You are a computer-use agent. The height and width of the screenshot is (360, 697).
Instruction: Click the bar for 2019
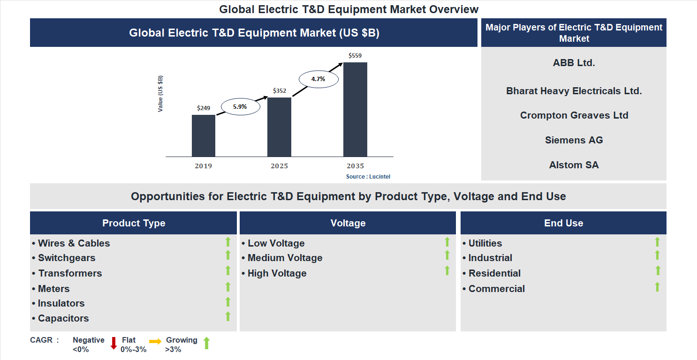(x=204, y=136)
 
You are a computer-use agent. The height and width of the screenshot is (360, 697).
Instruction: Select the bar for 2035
(x=355, y=110)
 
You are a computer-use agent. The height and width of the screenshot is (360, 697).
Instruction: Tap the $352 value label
(x=279, y=91)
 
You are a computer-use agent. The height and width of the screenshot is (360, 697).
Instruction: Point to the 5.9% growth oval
(x=240, y=107)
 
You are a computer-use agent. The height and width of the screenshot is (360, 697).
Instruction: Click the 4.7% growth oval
(x=318, y=79)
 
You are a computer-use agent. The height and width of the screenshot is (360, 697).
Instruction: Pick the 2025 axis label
(x=279, y=166)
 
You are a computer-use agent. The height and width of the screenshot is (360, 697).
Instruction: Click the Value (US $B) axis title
(x=160, y=93)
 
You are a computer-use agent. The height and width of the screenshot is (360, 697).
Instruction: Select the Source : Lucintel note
(x=368, y=177)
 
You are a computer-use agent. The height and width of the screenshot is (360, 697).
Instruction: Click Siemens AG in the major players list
(x=574, y=140)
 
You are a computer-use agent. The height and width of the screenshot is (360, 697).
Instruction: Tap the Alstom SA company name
(x=574, y=165)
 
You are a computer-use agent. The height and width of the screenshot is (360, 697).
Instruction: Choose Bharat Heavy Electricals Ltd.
(x=574, y=91)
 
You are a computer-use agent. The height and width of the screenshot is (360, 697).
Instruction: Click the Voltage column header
(x=348, y=223)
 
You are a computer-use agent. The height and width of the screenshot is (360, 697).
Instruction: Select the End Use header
(x=563, y=223)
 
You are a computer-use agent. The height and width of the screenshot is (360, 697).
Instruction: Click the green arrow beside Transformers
(x=228, y=270)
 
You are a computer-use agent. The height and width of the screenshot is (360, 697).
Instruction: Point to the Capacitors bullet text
(x=63, y=318)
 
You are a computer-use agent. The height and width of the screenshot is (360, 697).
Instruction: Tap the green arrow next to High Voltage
(x=447, y=270)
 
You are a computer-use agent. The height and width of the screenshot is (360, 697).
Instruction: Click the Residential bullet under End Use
(x=494, y=273)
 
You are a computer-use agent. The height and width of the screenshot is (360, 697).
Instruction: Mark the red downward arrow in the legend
(x=114, y=343)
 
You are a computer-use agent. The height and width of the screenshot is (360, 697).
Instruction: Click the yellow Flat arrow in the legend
(x=155, y=342)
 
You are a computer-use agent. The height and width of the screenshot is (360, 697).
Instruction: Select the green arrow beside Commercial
(x=657, y=286)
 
